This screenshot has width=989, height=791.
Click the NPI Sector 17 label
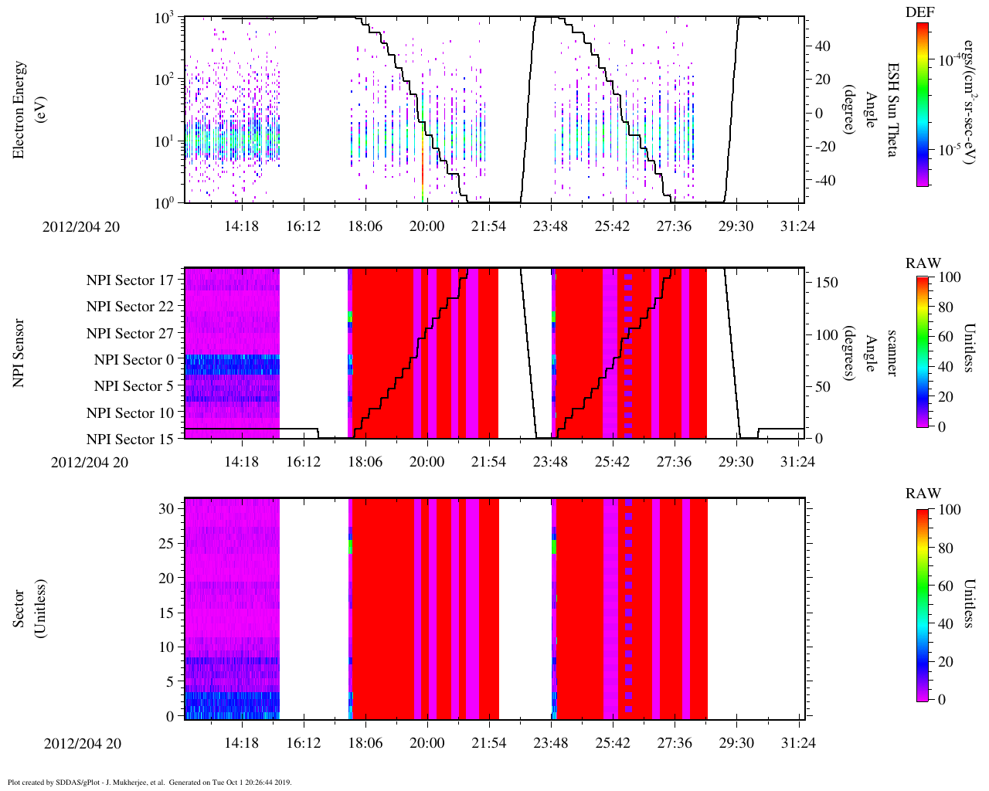(x=130, y=280)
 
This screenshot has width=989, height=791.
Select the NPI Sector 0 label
(x=134, y=360)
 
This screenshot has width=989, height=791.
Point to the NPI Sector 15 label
(x=130, y=440)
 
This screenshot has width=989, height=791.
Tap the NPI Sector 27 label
(x=130, y=334)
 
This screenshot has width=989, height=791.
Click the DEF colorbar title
(x=919, y=12)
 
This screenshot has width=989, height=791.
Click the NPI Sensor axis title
(x=19, y=353)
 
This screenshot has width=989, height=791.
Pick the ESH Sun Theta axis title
(x=892, y=110)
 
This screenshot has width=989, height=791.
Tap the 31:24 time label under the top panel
(x=798, y=226)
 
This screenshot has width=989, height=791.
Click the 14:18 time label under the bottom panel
(x=242, y=743)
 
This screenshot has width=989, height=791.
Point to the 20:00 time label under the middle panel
(x=427, y=462)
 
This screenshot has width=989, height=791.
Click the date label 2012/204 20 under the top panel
(x=81, y=227)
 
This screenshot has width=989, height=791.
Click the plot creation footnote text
(x=149, y=782)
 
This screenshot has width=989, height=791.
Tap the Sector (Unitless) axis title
(x=28, y=609)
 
